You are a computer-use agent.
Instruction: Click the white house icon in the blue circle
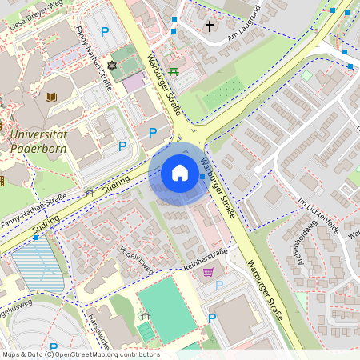180,173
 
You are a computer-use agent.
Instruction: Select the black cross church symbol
210,26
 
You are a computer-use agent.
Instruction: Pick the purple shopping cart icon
208,272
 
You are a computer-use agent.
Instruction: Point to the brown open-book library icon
52,98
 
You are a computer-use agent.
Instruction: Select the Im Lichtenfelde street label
318,215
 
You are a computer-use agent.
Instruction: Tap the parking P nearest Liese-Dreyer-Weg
104,32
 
